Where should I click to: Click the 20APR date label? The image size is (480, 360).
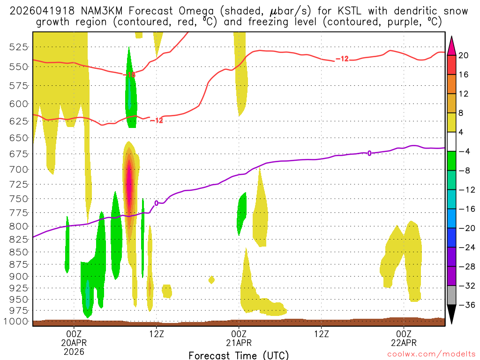pos(74,343)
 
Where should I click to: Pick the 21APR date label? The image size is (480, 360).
pos(239,343)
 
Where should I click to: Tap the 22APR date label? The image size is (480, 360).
pos(404,343)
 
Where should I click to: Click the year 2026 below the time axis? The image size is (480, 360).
pos(74,351)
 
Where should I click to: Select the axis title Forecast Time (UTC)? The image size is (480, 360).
pos(239,355)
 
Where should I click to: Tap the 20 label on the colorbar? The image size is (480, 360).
pos(464,55)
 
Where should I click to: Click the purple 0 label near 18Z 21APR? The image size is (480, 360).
pos(369,153)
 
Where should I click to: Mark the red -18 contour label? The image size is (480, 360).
pos(129,75)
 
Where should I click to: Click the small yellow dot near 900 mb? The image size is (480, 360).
pos(211,280)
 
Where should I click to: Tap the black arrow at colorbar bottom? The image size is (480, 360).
pos(452,315)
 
